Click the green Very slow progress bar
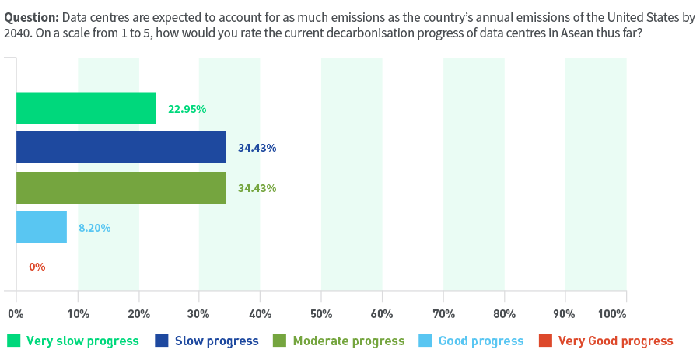click(86, 108)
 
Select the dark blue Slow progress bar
click(121, 147)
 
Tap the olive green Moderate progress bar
click(121, 187)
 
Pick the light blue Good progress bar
click(41, 227)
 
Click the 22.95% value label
click(187, 109)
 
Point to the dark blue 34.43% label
click(257, 148)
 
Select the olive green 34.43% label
click(257, 188)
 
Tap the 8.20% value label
click(94, 228)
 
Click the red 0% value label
click(37, 267)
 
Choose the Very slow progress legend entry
click(82, 341)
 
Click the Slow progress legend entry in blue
click(216, 341)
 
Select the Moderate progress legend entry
click(348, 341)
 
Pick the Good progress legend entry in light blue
click(480, 341)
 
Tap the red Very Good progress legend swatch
click(545, 341)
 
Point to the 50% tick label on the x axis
click(321, 314)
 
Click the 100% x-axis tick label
click(613, 314)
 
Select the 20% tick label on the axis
click(138, 314)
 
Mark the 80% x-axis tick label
click(504, 314)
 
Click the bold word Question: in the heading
click(31, 18)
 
